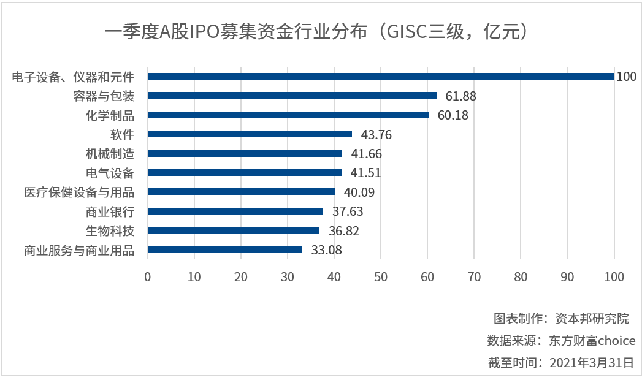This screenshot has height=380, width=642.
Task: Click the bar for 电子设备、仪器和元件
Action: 380,77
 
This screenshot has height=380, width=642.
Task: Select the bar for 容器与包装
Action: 292,96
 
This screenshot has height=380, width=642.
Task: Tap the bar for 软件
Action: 250,134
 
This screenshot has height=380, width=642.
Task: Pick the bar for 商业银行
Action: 235,211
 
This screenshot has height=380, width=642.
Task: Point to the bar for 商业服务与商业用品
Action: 225,250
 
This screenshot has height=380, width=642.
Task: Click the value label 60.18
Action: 453,115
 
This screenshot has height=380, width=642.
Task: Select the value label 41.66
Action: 366,154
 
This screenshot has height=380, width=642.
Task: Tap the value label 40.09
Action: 359,192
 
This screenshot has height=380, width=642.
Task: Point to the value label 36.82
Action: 343,231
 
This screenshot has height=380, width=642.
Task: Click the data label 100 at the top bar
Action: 627,77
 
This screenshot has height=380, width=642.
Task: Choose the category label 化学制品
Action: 110,115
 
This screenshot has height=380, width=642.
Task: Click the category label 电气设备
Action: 110,173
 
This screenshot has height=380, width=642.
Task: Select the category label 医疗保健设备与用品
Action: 79,192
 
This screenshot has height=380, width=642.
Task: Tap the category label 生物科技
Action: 110,231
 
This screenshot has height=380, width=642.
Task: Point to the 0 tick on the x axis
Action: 148,277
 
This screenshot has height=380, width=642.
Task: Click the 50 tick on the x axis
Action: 381,277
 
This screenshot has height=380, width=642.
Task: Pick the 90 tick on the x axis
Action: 567,277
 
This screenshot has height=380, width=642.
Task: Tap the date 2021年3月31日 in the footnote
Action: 592,362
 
